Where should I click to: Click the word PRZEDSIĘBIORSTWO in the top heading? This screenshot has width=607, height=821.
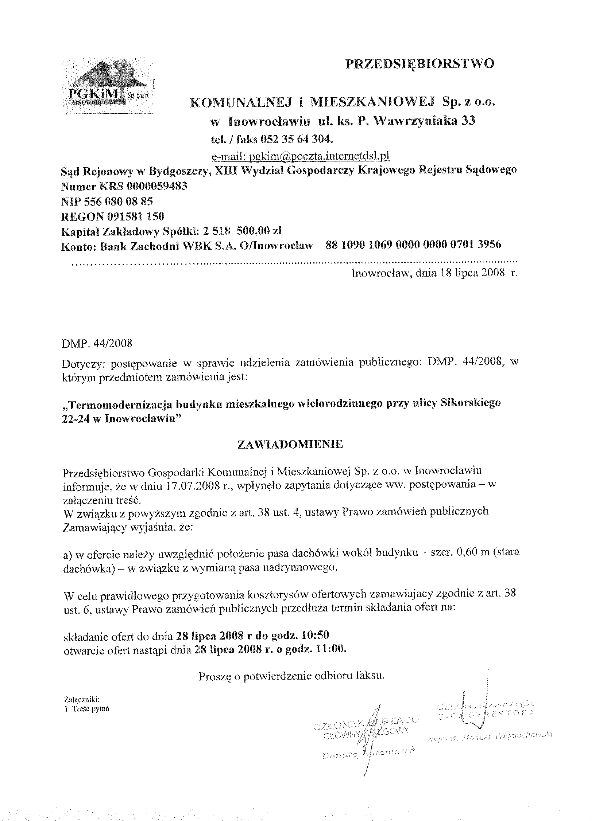pos(420,63)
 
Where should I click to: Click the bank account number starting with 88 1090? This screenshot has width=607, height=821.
pos(413,245)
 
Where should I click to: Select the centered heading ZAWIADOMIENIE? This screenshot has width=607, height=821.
pos(290,445)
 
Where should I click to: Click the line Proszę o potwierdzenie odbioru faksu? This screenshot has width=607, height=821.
pos(291,676)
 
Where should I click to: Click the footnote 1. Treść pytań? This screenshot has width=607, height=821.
pos(87,709)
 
